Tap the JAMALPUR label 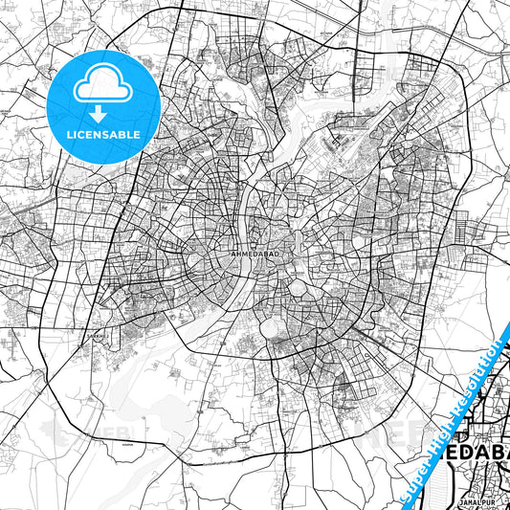click(x=477, y=503)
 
